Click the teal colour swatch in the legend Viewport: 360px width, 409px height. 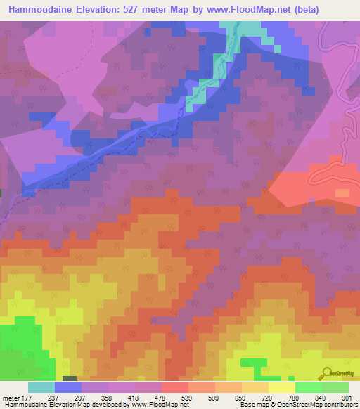click(x=41, y=387)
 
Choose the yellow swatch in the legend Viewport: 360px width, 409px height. click(x=282, y=387)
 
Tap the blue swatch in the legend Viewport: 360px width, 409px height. click(x=68, y=387)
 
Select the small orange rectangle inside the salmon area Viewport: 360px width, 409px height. click(x=342, y=193)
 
